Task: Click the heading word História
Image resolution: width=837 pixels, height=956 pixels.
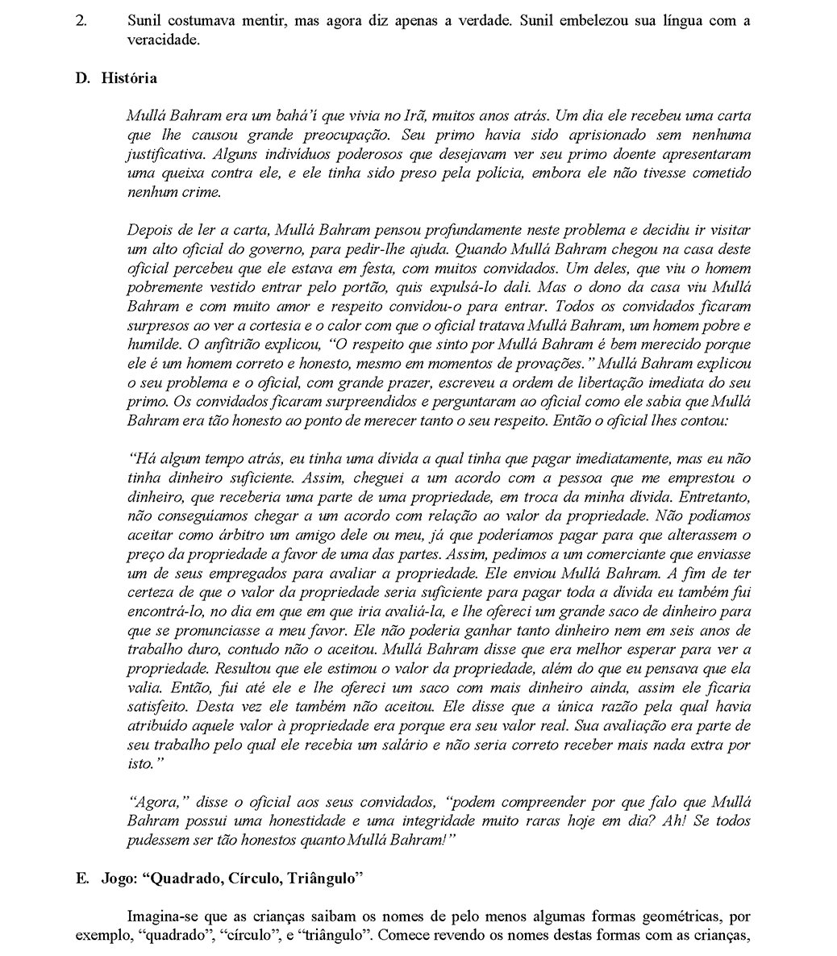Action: click(x=129, y=78)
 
